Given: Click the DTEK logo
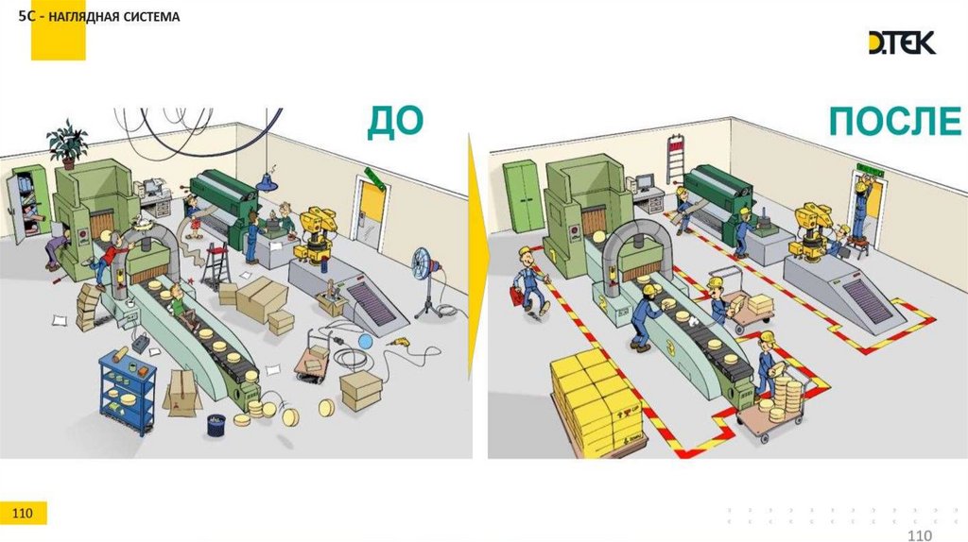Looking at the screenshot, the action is pos(902,42).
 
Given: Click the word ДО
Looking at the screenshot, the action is pos(395,122).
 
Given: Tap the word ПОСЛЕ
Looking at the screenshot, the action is pos(894,121).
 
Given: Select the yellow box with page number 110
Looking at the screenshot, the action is pos(23,513).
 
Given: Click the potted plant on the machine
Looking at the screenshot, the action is pos(67,144).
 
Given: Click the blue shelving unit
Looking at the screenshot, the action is pos(128,390).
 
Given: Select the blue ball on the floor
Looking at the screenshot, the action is pos(366,341).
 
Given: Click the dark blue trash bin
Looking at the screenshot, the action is pos(216,425).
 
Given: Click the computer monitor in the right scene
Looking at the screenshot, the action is pos(645,182).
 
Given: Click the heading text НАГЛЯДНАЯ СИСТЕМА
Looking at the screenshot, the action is pos(114,17).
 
